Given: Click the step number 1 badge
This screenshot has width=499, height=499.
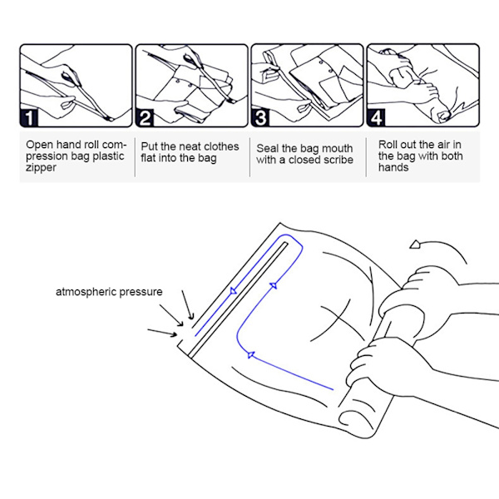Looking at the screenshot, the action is click(29, 118).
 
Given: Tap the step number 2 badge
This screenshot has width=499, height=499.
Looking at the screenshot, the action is click(145, 118).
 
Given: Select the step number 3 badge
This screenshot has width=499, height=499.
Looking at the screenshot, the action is click(260, 118).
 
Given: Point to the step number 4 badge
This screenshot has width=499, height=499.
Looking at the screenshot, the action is click(376, 118).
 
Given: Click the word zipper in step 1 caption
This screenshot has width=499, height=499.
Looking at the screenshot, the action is click(41, 168).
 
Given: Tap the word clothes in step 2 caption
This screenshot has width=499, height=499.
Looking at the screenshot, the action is click(218, 146).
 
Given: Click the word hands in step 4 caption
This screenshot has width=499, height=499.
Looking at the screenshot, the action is click(393, 167).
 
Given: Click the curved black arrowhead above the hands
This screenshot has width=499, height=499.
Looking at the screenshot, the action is click(415, 245).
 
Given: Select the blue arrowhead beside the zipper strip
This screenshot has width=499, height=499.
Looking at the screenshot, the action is click(233, 290).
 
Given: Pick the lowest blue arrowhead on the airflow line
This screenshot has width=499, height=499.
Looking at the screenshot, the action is click(251, 354).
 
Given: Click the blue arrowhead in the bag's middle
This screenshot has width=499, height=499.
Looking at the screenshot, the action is click(274, 285).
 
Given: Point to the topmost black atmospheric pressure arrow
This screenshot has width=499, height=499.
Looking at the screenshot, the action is click(188, 304).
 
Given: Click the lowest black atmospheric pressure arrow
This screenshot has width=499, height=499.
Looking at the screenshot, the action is click(162, 332).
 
